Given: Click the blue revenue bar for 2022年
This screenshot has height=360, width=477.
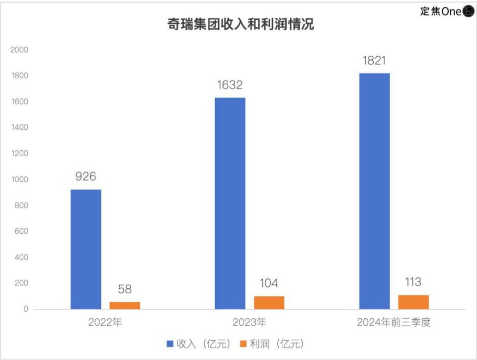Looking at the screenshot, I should click(x=85, y=249).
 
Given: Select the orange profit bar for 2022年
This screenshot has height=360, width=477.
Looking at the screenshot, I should click(x=125, y=305).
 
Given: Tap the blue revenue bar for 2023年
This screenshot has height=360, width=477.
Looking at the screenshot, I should click(x=230, y=203).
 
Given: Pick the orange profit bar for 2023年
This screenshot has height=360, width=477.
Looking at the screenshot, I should click(x=269, y=302).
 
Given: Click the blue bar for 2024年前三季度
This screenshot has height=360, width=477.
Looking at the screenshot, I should click(x=374, y=191).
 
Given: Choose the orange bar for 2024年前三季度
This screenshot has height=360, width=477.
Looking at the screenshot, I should click(x=413, y=302).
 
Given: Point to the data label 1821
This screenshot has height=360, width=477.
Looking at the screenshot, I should click(x=374, y=61).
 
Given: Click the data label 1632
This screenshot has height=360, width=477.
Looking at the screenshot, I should click(x=230, y=85).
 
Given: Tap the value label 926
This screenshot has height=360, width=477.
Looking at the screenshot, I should click(x=85, y=177).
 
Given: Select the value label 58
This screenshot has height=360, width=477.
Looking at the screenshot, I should click(x=125, y=289).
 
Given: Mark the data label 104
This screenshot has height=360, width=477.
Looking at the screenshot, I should click(x=269, y=283).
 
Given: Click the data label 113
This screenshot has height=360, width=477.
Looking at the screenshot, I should click(x=413, y=282).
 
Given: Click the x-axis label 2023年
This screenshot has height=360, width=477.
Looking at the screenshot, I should click(x=249, y=322).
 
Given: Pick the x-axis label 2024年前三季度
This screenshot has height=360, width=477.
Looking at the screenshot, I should click(x=394, y=322).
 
